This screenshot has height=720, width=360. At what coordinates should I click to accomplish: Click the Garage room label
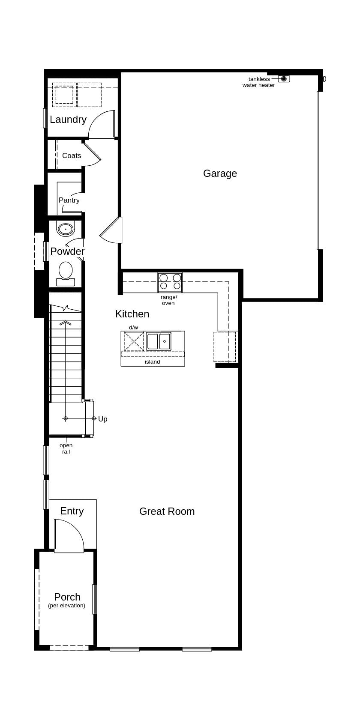coord(220,173)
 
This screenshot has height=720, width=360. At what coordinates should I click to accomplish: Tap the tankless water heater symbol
coord(284,79)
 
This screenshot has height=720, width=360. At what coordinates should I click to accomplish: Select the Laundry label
coord(68,120)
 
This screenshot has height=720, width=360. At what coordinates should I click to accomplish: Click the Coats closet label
coord(72,155)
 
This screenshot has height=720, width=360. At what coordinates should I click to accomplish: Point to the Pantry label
coord(69,200)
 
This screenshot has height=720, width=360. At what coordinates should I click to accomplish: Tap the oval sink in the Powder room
coord(66,229)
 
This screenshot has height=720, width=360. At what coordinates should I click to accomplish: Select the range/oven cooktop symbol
coord(170,282)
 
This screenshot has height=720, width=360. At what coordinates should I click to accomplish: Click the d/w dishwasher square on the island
coord(134,341)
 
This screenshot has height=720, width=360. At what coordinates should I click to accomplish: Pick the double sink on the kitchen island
coord(159,341)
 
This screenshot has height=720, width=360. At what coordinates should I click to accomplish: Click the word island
coord(152,362)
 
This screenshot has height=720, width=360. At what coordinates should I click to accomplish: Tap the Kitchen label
coord(132,314)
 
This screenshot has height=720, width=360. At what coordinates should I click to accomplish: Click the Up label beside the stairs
coord(103,419)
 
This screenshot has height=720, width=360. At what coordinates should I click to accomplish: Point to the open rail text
coord(66,448)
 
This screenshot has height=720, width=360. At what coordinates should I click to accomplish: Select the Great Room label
coord(167,511)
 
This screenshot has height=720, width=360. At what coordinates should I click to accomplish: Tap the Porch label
coord(67,597)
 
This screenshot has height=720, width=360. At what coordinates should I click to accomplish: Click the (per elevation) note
coord(66,606)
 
